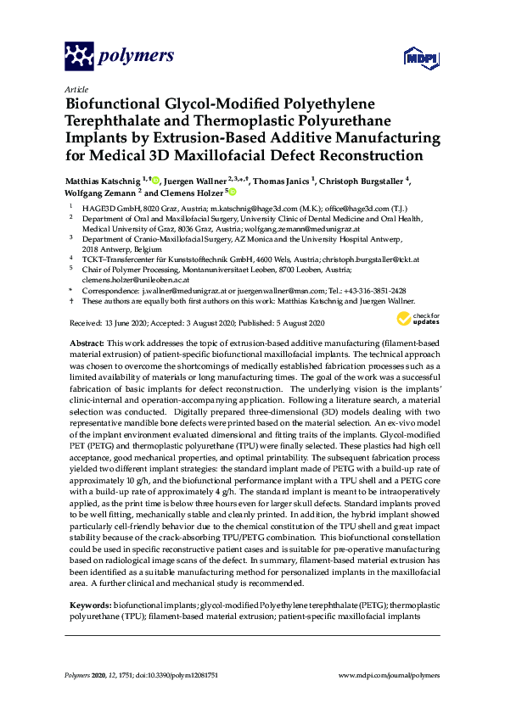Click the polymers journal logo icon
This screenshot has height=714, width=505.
click(x=78, y=56)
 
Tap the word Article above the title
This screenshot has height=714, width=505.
click(x=75, y=88)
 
